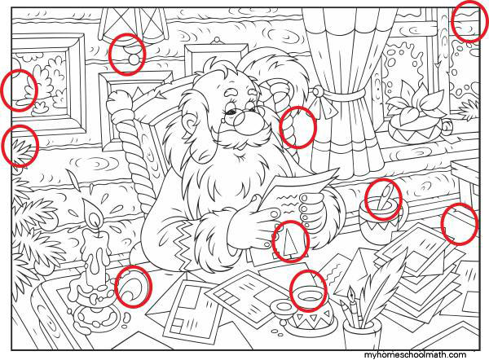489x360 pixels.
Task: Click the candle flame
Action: click(94, 216)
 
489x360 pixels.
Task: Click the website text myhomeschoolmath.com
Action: click(415, 354)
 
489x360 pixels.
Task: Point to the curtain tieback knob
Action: click(318, 91)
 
